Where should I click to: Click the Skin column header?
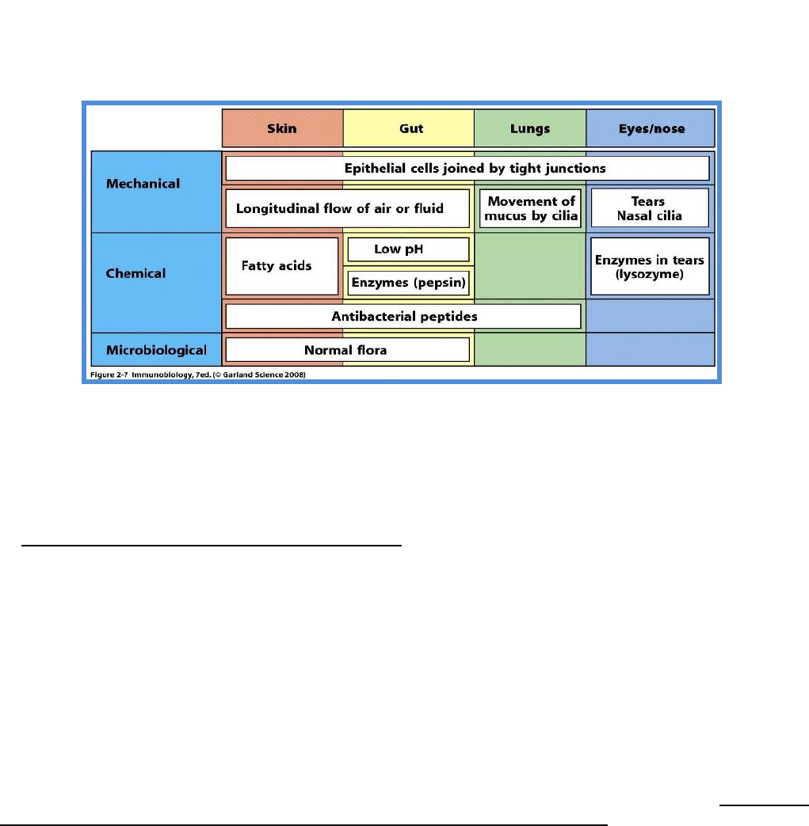(283, 128)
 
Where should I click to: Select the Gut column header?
(408, 128)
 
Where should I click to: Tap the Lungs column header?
(530, 128)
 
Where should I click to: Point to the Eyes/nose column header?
(651, 128)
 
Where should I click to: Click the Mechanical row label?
(143, 183)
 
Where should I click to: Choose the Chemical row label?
(135, 273)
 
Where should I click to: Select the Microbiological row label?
(157, 350)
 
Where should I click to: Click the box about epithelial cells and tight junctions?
(467, 169)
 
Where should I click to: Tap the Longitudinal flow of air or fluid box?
(347, 208)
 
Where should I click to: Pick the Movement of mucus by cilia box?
(531, 208)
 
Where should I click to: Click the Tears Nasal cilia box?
(650, 208)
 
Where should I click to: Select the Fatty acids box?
(282, 266)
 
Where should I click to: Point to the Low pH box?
(408, 249)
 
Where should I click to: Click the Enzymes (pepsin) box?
(408, 283)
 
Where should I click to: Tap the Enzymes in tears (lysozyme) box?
(650, 266)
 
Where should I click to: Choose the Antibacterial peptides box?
(403, 316)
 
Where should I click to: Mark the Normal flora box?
(347, 350)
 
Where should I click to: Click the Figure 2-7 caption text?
(197, 375)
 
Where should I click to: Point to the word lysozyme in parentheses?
(649, 275)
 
